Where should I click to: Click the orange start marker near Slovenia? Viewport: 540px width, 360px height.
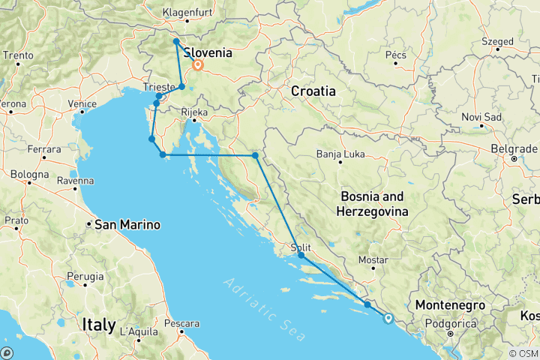tap(197, 65)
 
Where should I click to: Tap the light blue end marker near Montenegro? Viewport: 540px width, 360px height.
tap(388, 318)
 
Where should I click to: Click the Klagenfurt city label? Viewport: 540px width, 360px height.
tap(190, 13)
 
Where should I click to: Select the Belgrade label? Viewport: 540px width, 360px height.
tap(512, 149)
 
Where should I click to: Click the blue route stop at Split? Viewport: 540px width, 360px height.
tap(301, 256)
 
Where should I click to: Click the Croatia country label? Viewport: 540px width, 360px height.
tap(313, 91)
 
